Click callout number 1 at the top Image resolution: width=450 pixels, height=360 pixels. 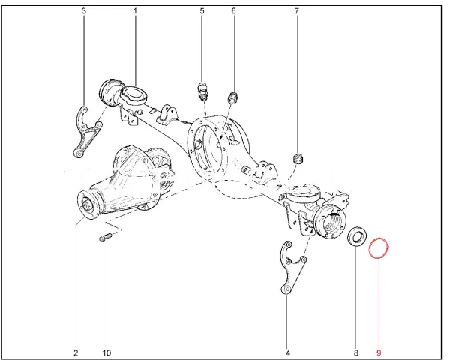tap(135, 11)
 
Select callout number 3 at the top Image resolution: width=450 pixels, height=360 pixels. tap(83, 11)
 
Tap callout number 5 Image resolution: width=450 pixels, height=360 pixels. tap(202, 11)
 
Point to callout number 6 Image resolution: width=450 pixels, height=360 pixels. tap(233, 11)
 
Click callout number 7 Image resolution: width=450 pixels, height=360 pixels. tap(297, 11)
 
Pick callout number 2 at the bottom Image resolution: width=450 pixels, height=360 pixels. tap(76, 352)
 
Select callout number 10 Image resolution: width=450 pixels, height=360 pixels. tap(106, 352)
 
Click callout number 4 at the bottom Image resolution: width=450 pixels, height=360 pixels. tap(288, 352)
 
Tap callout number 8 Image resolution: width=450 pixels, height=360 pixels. tap(355, 352)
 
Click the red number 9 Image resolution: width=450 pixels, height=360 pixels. tap(379, 352)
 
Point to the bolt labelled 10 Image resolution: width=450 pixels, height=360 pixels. tap(106, 238)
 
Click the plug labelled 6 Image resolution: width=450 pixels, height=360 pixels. tap(232, 98)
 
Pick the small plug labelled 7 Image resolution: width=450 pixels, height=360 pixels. tap(298, 159)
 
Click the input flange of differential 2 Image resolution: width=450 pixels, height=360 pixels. tap(89, 205)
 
